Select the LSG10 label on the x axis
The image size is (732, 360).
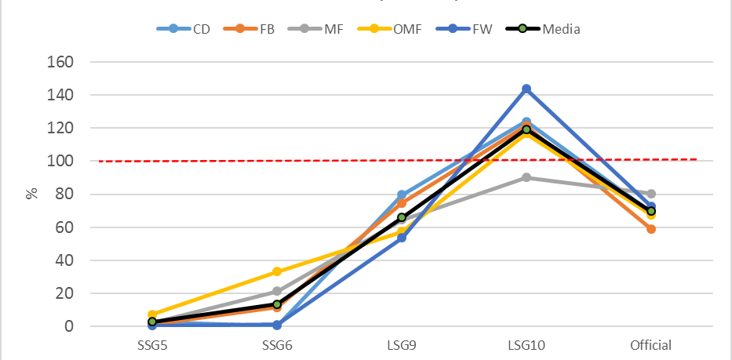click(x=526, y=345)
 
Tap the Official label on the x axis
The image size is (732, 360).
click(x=651, y=345)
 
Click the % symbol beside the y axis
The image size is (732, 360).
click(x=31, y=193)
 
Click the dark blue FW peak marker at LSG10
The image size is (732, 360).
click(x=526, y=89)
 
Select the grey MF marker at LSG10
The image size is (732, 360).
click(x=526, y=177)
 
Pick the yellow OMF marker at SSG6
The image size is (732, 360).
click(x=277, y=272)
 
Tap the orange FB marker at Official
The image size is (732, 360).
click(x=651, y=229)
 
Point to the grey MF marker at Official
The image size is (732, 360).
click(x=651, y=194)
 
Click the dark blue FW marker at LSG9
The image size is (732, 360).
click(x=402, y=238)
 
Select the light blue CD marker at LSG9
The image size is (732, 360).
click(x=402, y=195)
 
